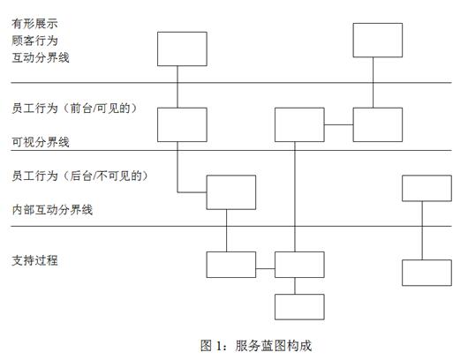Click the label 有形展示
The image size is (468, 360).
(34, 24)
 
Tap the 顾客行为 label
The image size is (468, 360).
(34, 41)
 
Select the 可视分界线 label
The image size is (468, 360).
(41, 142)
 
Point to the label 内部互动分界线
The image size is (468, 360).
(52, 210)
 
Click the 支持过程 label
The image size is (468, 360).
(34, 260)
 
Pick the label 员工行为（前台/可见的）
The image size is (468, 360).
(75, 108)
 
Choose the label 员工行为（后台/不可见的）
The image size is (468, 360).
(80, 176)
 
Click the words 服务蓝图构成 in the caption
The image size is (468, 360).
(274, 346)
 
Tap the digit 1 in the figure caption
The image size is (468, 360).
(219, 346)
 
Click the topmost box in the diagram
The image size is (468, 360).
(378, 40)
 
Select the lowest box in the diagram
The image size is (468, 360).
(299, 307)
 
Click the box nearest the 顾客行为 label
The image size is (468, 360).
(182, 49)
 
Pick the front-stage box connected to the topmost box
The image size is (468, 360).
(378, 124)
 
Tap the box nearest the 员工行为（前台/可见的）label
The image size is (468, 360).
(182, 124)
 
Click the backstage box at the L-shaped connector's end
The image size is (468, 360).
(231, 192)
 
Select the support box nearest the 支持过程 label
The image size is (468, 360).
(231, 265)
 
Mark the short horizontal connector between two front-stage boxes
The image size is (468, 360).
(339, 124)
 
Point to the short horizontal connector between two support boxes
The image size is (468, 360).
(265, 269)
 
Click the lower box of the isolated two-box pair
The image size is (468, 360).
(426, 273)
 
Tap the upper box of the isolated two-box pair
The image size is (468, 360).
(426, 188)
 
